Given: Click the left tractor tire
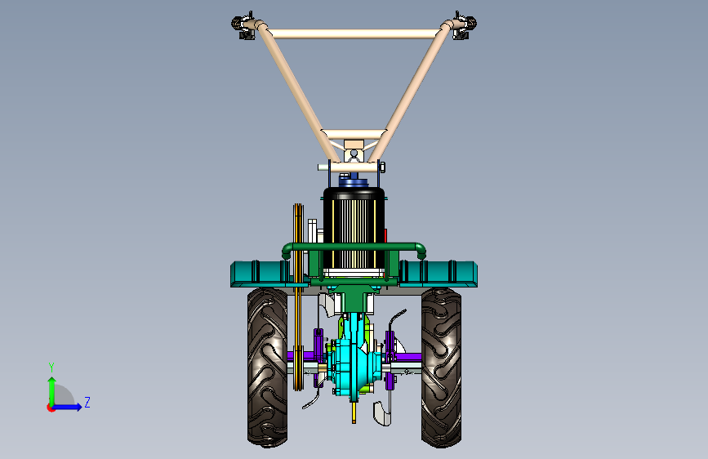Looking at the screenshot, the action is (267, 368).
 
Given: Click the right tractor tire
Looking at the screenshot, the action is (441, 368).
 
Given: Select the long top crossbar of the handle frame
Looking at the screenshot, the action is (354, 33).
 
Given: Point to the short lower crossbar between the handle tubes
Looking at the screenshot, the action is (354, 134).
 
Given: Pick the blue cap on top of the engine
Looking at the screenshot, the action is (354, 181).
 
